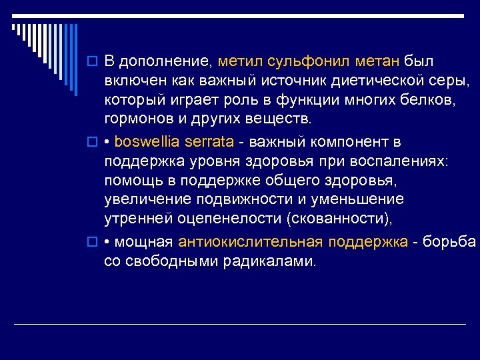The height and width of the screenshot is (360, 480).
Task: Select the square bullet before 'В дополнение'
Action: click(94, 63)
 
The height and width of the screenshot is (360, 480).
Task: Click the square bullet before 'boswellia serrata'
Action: click(94, 142)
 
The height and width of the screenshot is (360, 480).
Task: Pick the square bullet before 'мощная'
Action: click(94, 241)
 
